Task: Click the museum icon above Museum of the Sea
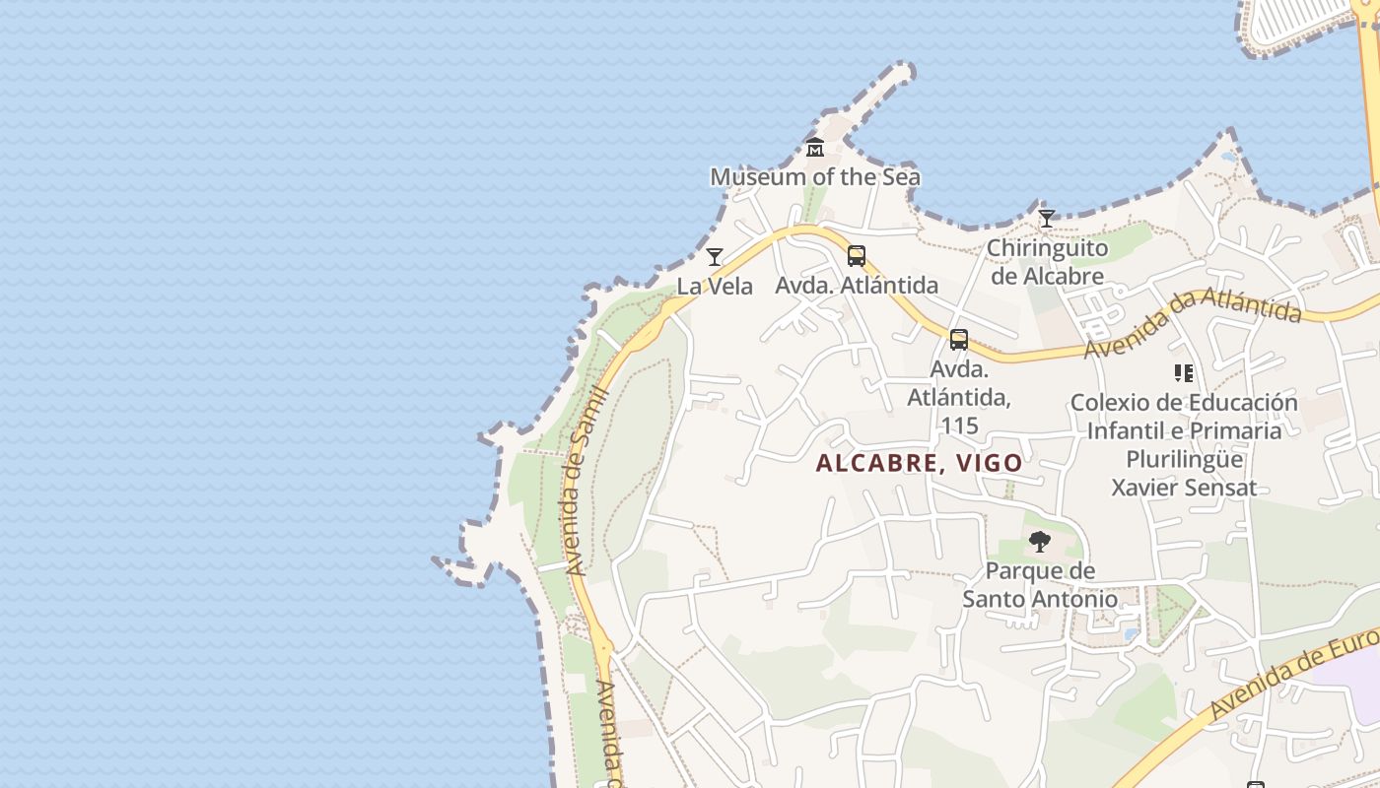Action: [815, 149]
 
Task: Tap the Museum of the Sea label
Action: [815, 177]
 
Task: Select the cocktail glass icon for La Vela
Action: [715, 257]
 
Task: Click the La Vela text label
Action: [715, 287]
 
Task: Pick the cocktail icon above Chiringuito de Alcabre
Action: [1047, 219]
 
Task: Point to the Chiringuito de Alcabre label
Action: [1047, 262]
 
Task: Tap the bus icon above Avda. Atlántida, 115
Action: [959, 340]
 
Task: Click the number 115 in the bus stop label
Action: [959, 426]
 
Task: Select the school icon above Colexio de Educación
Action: [1184, 373]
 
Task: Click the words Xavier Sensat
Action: [1184, 488]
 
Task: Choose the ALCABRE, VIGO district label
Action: [920, 463]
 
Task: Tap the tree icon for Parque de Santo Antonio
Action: [1039, 541]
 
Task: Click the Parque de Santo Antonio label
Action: [1040, 584]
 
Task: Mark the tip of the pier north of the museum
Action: [903, 71]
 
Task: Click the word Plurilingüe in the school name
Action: [1184, 459]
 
